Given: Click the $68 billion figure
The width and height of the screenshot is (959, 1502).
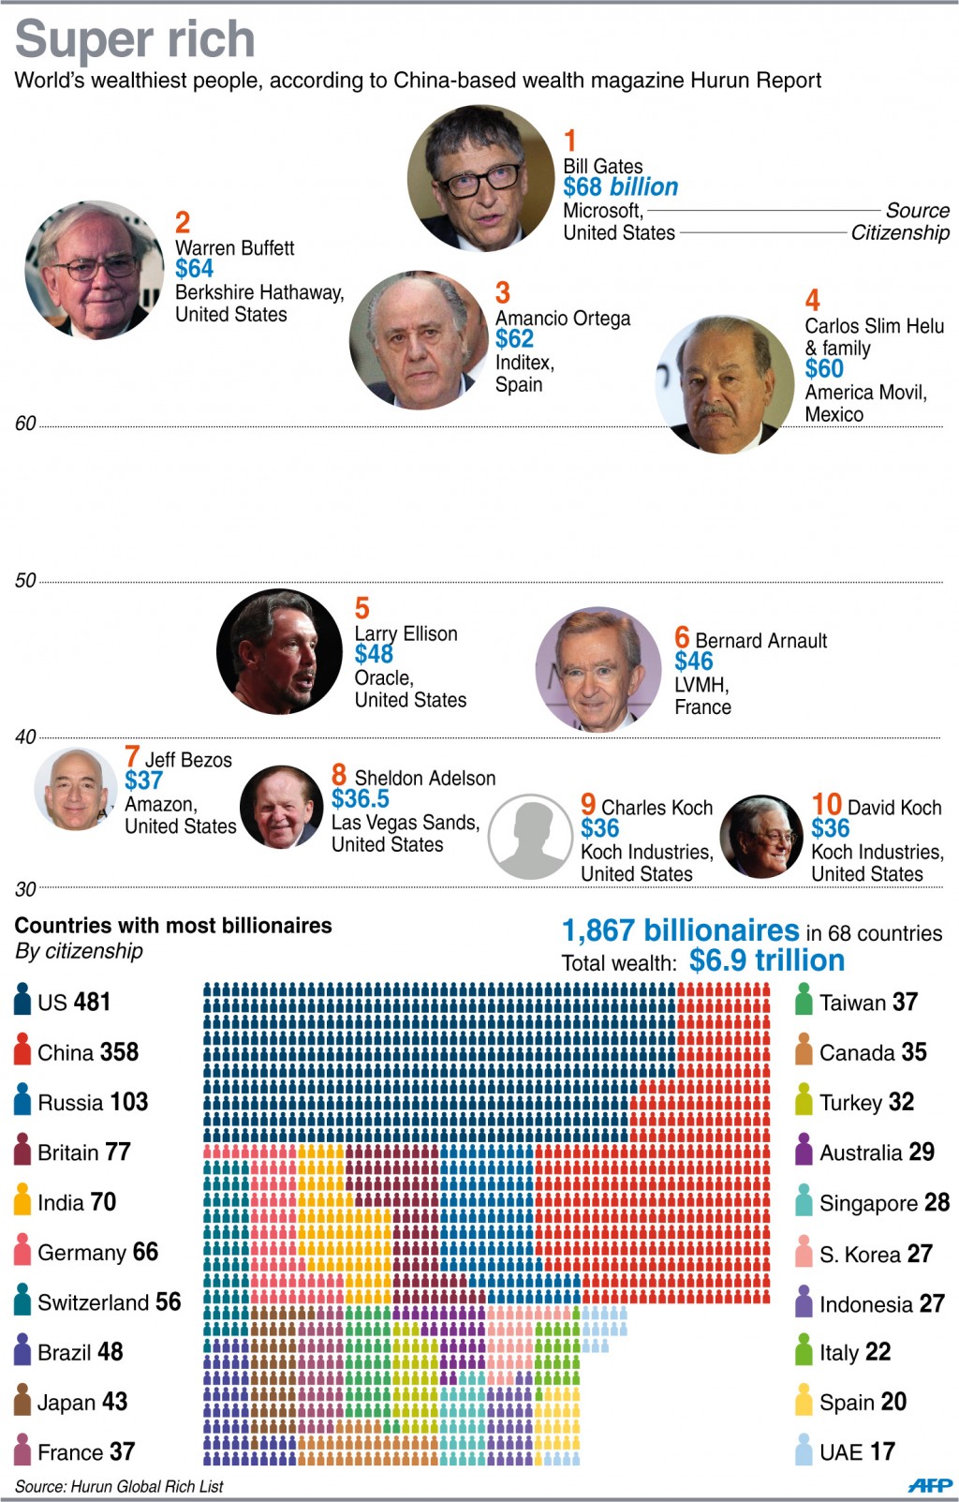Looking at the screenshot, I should click(620, 187).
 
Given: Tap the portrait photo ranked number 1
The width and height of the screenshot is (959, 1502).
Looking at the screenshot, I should click(479, 178).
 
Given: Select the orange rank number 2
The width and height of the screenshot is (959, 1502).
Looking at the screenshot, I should click(183, 222).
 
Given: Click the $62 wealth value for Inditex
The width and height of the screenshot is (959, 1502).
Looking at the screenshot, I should click(514, 339).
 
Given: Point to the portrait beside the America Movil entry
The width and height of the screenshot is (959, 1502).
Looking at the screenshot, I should click(725, 384).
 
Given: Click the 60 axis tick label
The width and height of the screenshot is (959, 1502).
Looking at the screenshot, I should click(25, 424).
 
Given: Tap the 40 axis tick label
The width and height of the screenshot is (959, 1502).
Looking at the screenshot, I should click(25, 736).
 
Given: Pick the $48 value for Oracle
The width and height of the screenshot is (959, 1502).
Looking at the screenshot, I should click(374, 654).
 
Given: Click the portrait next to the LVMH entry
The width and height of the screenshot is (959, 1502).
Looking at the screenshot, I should click(598, 669).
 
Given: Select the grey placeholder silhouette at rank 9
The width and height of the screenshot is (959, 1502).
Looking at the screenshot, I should click(530, 836).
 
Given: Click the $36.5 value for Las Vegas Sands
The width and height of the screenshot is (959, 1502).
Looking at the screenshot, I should click(361, 799).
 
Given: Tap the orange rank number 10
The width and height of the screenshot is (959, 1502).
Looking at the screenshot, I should click(826, 804).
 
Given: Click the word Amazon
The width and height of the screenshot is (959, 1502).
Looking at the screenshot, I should click(160, 805).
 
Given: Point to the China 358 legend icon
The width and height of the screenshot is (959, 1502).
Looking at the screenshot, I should click(22, 1049).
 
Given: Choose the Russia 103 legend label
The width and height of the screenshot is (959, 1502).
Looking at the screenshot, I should click(93, 1102).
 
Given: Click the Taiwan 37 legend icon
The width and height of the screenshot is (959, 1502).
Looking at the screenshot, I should click(804, 1000).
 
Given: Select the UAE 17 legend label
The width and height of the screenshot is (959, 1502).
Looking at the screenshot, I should click(857, 1451).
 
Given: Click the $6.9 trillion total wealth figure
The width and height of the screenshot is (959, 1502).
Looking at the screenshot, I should click(767, 960).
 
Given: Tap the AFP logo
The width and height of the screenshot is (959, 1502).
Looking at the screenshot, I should click(929, 1484).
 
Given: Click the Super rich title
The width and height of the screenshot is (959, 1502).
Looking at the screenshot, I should click(135, 39).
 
